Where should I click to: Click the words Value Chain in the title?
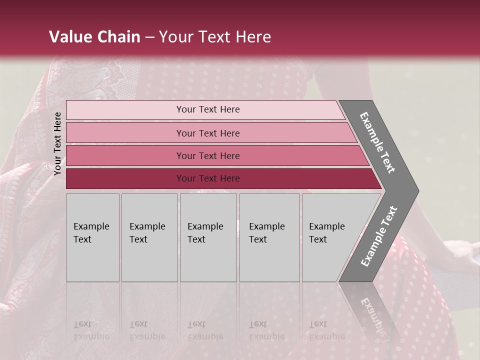tap(94, 37)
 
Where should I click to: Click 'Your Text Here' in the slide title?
tap(215, 37)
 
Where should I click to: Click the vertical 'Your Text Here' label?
tap(57, 143)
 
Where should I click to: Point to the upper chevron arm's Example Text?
tap(377, 142)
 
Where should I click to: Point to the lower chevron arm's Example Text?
tap(379, 236)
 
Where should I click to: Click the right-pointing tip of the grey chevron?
tap(415, 190)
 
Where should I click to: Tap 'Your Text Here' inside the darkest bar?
tap(208, 178)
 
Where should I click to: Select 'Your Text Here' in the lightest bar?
tap(208, 109)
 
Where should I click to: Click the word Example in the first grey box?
tap(91, 226)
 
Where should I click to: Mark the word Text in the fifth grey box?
tap(318, 239)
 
